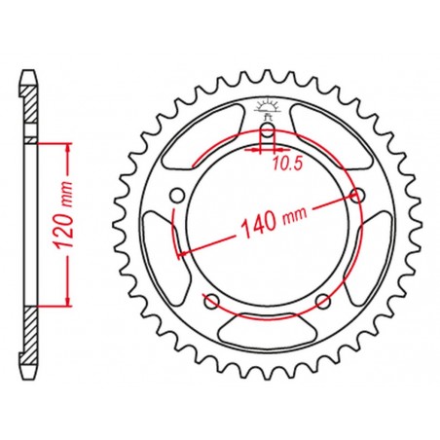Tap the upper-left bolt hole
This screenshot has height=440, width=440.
176,198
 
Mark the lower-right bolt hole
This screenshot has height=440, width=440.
324,299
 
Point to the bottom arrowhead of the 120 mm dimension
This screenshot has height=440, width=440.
69,301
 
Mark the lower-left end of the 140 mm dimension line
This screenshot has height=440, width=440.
177,256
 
